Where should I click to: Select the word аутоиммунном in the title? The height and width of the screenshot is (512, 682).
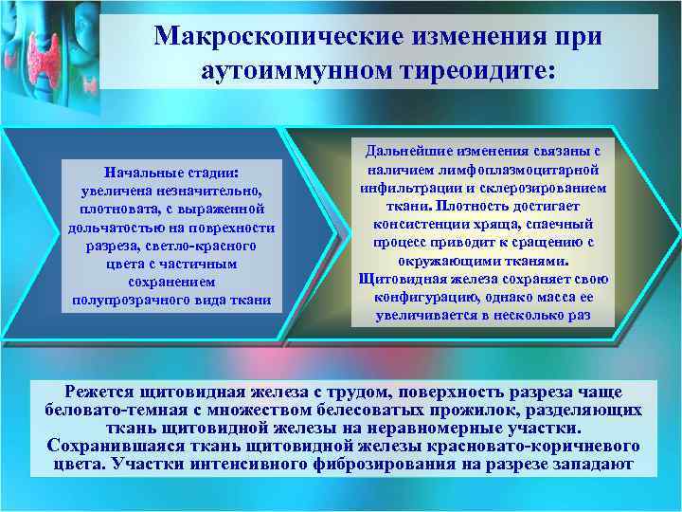[x=309, y=70]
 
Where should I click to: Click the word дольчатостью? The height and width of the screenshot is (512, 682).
[x=117, y=228]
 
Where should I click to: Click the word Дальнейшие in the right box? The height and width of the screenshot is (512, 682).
[x=413, y=152]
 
